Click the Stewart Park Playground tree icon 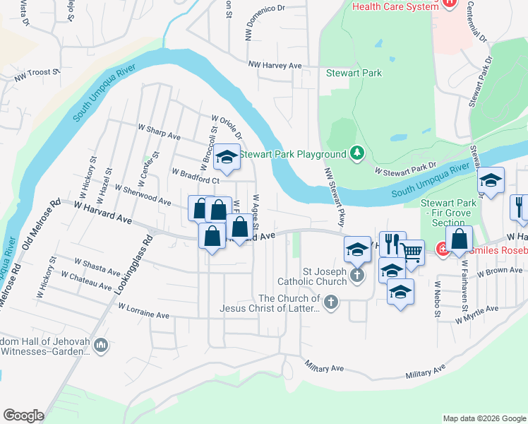click(358, 154)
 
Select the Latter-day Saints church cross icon click(331, 302)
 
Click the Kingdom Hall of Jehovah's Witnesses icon click(100, 346)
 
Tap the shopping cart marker click(412, 252)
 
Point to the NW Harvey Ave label click(275, 66)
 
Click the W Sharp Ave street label click(160, 132)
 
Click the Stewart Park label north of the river click(354, 73)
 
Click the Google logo click(23, 416)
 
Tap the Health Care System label click(395, 6)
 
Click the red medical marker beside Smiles click(443, 249)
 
